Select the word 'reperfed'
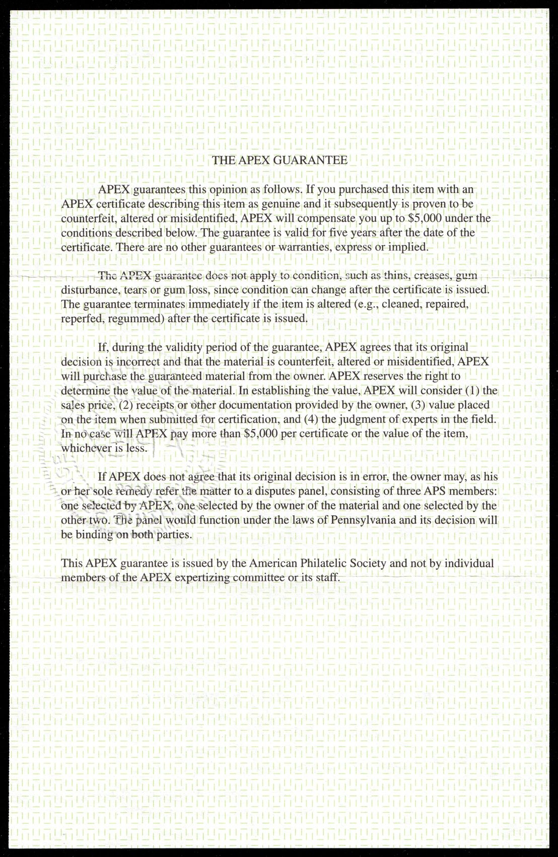click(80, 319)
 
